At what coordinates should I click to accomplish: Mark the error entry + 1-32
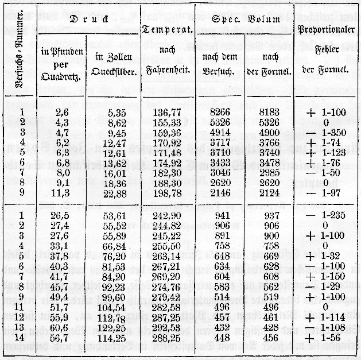click(325, 256)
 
